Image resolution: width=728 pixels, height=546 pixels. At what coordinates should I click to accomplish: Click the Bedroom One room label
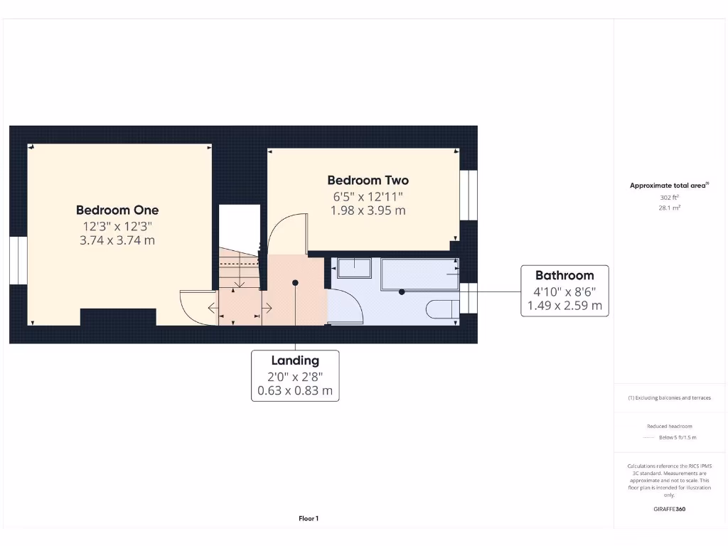(x=117, y=210)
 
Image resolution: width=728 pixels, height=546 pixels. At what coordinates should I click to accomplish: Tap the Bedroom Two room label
(x=368, y=181)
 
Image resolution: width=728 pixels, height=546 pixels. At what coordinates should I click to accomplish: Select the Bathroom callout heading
(x=564, y=275)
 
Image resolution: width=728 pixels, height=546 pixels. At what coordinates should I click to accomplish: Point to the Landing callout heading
(x=295, y=360)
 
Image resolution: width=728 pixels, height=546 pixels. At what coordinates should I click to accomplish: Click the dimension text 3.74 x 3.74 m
(x=117, y=240)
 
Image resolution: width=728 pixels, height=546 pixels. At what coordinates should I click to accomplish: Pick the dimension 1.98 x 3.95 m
(x=368, y=210)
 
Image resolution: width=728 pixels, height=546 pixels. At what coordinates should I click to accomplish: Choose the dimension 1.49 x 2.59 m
(x=564, y=306)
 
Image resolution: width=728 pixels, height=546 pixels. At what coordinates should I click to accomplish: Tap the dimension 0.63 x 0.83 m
(x=295, y=390)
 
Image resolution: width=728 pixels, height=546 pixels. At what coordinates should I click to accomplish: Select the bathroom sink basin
(x=354, y=268)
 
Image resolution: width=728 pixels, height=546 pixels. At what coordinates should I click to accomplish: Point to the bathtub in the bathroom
(x=420, y=274)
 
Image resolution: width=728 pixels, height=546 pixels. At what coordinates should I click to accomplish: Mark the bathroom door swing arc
(x=348, y=306)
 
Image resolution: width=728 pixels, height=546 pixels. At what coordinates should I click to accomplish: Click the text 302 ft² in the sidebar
(x=668, y=197)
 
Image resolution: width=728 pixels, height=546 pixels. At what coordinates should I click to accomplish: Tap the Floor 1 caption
(x=309, y=519)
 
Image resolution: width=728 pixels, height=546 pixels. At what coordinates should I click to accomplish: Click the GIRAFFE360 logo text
(x=668, y=509)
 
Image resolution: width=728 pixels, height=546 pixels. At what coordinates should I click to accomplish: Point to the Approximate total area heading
(x=668, y=186)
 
